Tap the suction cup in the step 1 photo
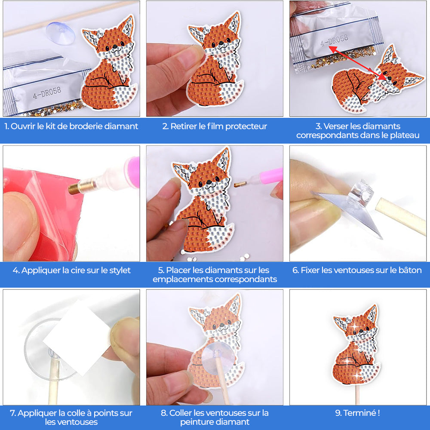(60, 33)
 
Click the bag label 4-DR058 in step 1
(47, 92)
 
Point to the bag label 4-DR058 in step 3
(334, 40)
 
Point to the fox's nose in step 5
(209, 181)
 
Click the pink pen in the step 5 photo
(258, 179)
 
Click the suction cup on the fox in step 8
(218, 356)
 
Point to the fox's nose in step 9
(361, 331)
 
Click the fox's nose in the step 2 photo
(221, 43)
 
